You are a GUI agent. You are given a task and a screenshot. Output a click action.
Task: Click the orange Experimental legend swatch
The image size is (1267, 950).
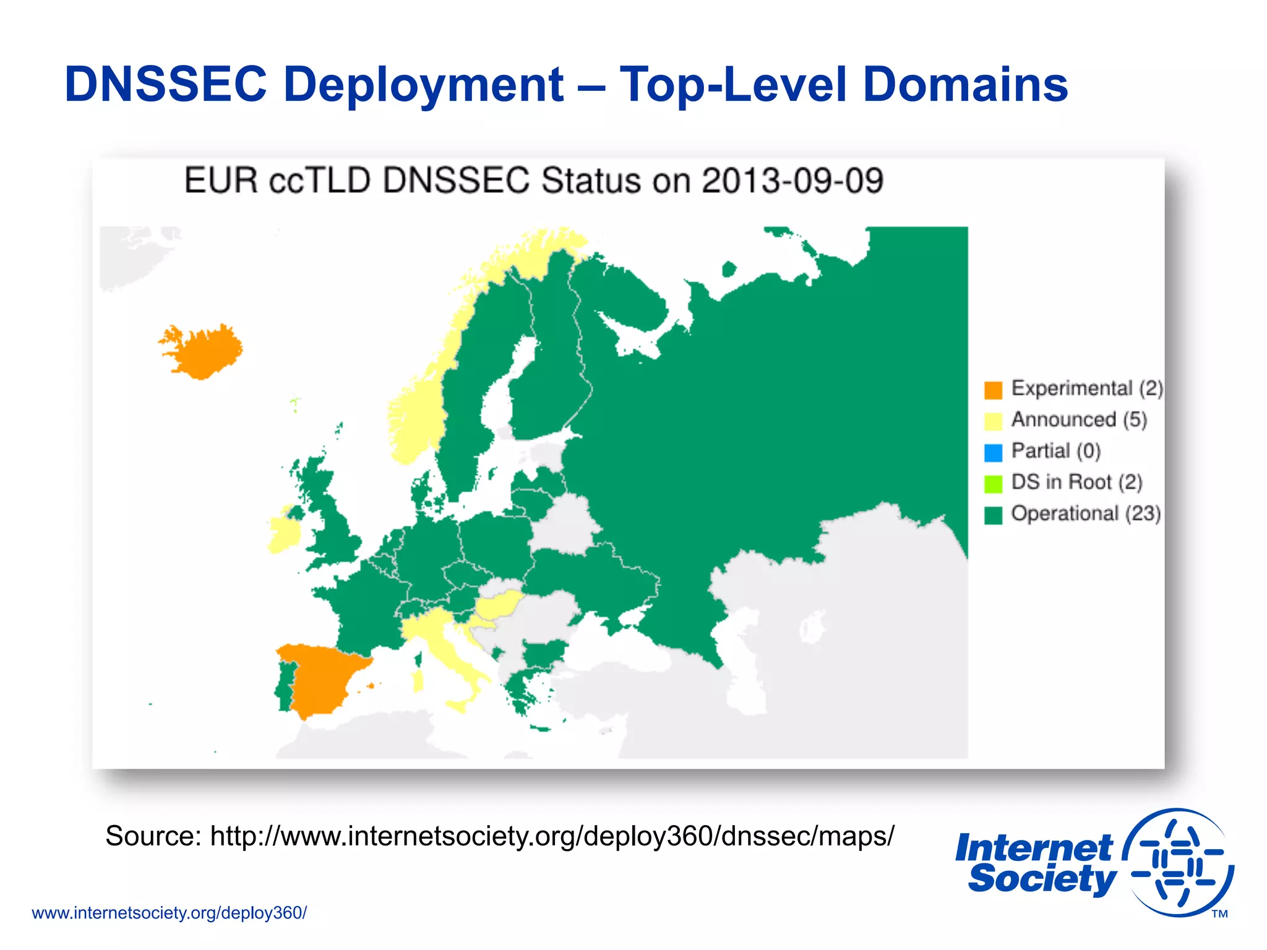coord(992,390)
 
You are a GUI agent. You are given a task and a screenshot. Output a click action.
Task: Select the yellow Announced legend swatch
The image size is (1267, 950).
coord(992,421)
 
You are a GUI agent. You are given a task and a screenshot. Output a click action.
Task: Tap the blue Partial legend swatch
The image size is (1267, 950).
coord(992,453)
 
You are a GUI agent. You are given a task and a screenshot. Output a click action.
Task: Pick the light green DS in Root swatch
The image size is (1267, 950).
coord(992,484)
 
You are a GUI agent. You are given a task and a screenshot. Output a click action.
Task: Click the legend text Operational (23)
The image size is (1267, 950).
coord(1086,513)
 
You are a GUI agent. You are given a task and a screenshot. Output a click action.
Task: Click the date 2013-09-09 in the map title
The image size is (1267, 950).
coord(792,181)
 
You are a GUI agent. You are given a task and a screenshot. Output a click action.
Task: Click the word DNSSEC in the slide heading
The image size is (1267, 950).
coord(166,85)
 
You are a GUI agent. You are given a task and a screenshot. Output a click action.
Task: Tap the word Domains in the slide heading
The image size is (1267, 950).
coord(965,85)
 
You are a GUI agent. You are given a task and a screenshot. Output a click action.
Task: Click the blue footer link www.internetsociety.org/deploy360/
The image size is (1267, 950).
coord(169,913)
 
